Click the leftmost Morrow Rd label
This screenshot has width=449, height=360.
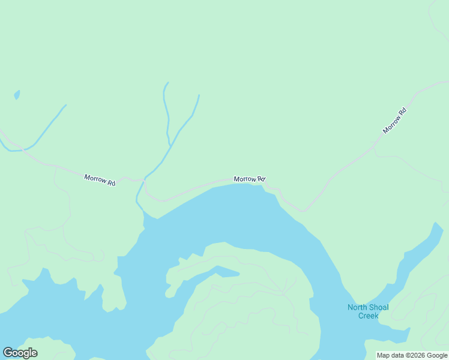[x=100, y=179]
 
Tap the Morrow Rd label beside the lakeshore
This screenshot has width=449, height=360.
[x=249, y=179]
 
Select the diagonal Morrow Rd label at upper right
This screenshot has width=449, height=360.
[x=394, y=121]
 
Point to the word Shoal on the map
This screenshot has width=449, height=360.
[x=381, y=308]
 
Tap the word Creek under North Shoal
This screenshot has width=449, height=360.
[x=368, y=316]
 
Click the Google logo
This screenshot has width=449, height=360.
[x=20, y=353]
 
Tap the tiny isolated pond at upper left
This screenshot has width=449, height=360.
[x=17, y=94]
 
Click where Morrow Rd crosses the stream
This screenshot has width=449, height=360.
[x=144, y=179]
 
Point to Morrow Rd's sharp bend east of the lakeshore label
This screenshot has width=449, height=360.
[x=304, y=211]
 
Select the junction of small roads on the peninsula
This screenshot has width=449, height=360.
[x=283, y=294]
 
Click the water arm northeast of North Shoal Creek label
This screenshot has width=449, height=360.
[x=420, y=252]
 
